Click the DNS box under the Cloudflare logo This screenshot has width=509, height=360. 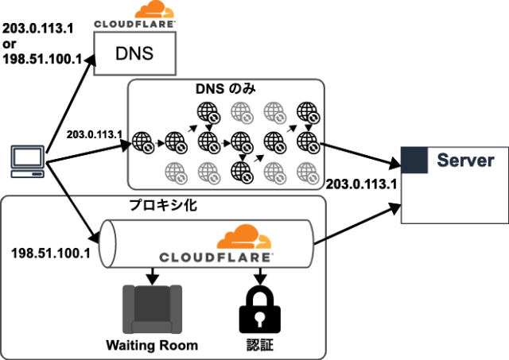[133, 55]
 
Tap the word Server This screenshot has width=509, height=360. [465, 160]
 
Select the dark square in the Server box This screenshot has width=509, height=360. [415, 159]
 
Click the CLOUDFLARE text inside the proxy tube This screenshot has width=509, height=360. [216, 257]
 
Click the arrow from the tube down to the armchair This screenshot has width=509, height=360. [150, 275]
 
